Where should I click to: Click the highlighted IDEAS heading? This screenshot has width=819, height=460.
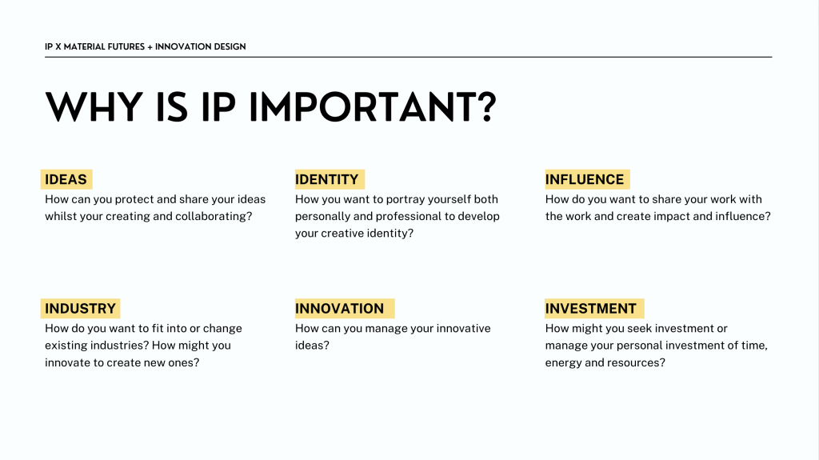coord(66,179)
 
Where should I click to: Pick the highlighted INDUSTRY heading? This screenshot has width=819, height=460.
coord(81,309)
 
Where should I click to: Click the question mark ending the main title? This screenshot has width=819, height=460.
coord(489,108)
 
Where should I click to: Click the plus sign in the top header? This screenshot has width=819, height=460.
coord(150,47)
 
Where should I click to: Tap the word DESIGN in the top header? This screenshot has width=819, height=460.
coord(229,46)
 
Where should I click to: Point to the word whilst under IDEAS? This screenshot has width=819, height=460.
coord(58,217)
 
